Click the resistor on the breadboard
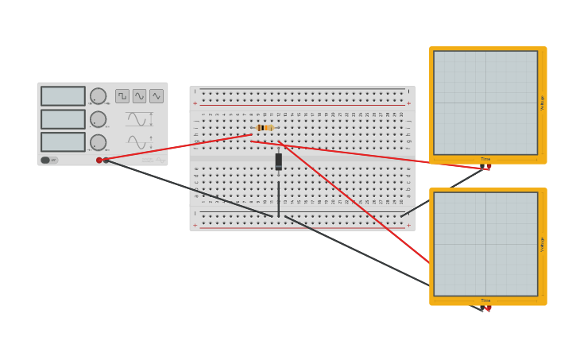tap(265, 128)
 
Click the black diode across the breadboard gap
tap(278, 161)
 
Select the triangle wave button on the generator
tap(157, 96)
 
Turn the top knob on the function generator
tap(98, 96)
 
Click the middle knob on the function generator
tap(98, 119)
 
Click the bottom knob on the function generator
tap(98, 142)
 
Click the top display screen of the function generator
tap(63, 96)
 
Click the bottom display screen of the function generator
tap(63, 142)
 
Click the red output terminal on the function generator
tap(99, 160)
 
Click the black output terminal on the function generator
tap(106, 160)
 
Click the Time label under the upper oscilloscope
tap(485, 159)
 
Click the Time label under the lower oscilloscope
tap(485, 300)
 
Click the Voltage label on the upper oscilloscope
tap(543, 103)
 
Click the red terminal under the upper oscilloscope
tap(488, 167)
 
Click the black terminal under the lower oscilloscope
tap(481, 308)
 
